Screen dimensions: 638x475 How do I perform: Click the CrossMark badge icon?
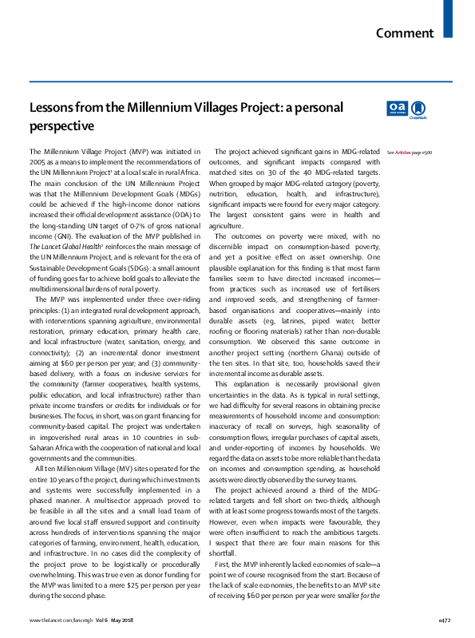click(x=419, y=109)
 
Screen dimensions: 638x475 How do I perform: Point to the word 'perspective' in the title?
click(x=62, y=126)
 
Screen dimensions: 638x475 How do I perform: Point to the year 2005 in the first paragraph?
click(x=38, y=162)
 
